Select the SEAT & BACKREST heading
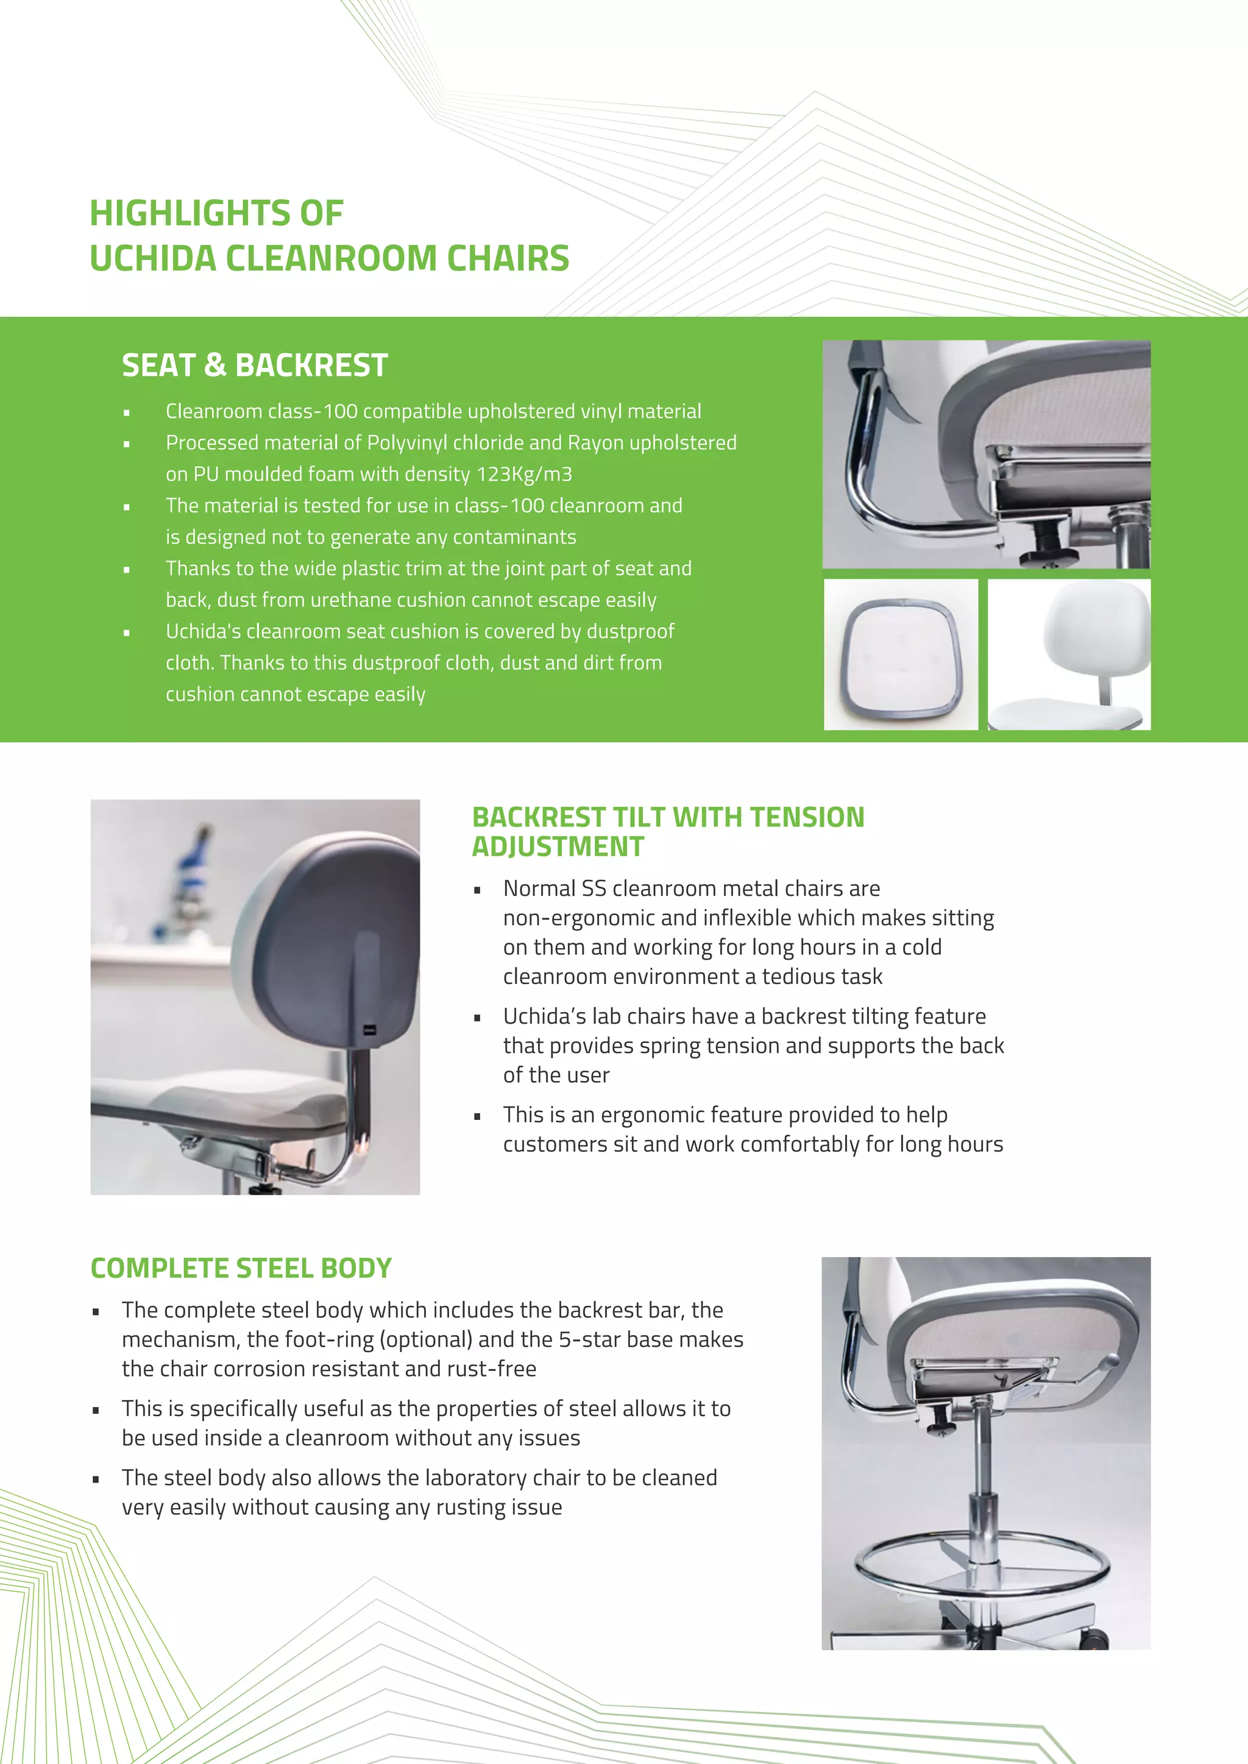coord(254,365)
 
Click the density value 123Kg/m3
coord(524,474)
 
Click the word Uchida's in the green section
coord(204,631)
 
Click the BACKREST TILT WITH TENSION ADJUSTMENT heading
coord(667,831)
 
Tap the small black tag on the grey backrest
coord(370,1030)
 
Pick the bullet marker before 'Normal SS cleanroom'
coord(477,890)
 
